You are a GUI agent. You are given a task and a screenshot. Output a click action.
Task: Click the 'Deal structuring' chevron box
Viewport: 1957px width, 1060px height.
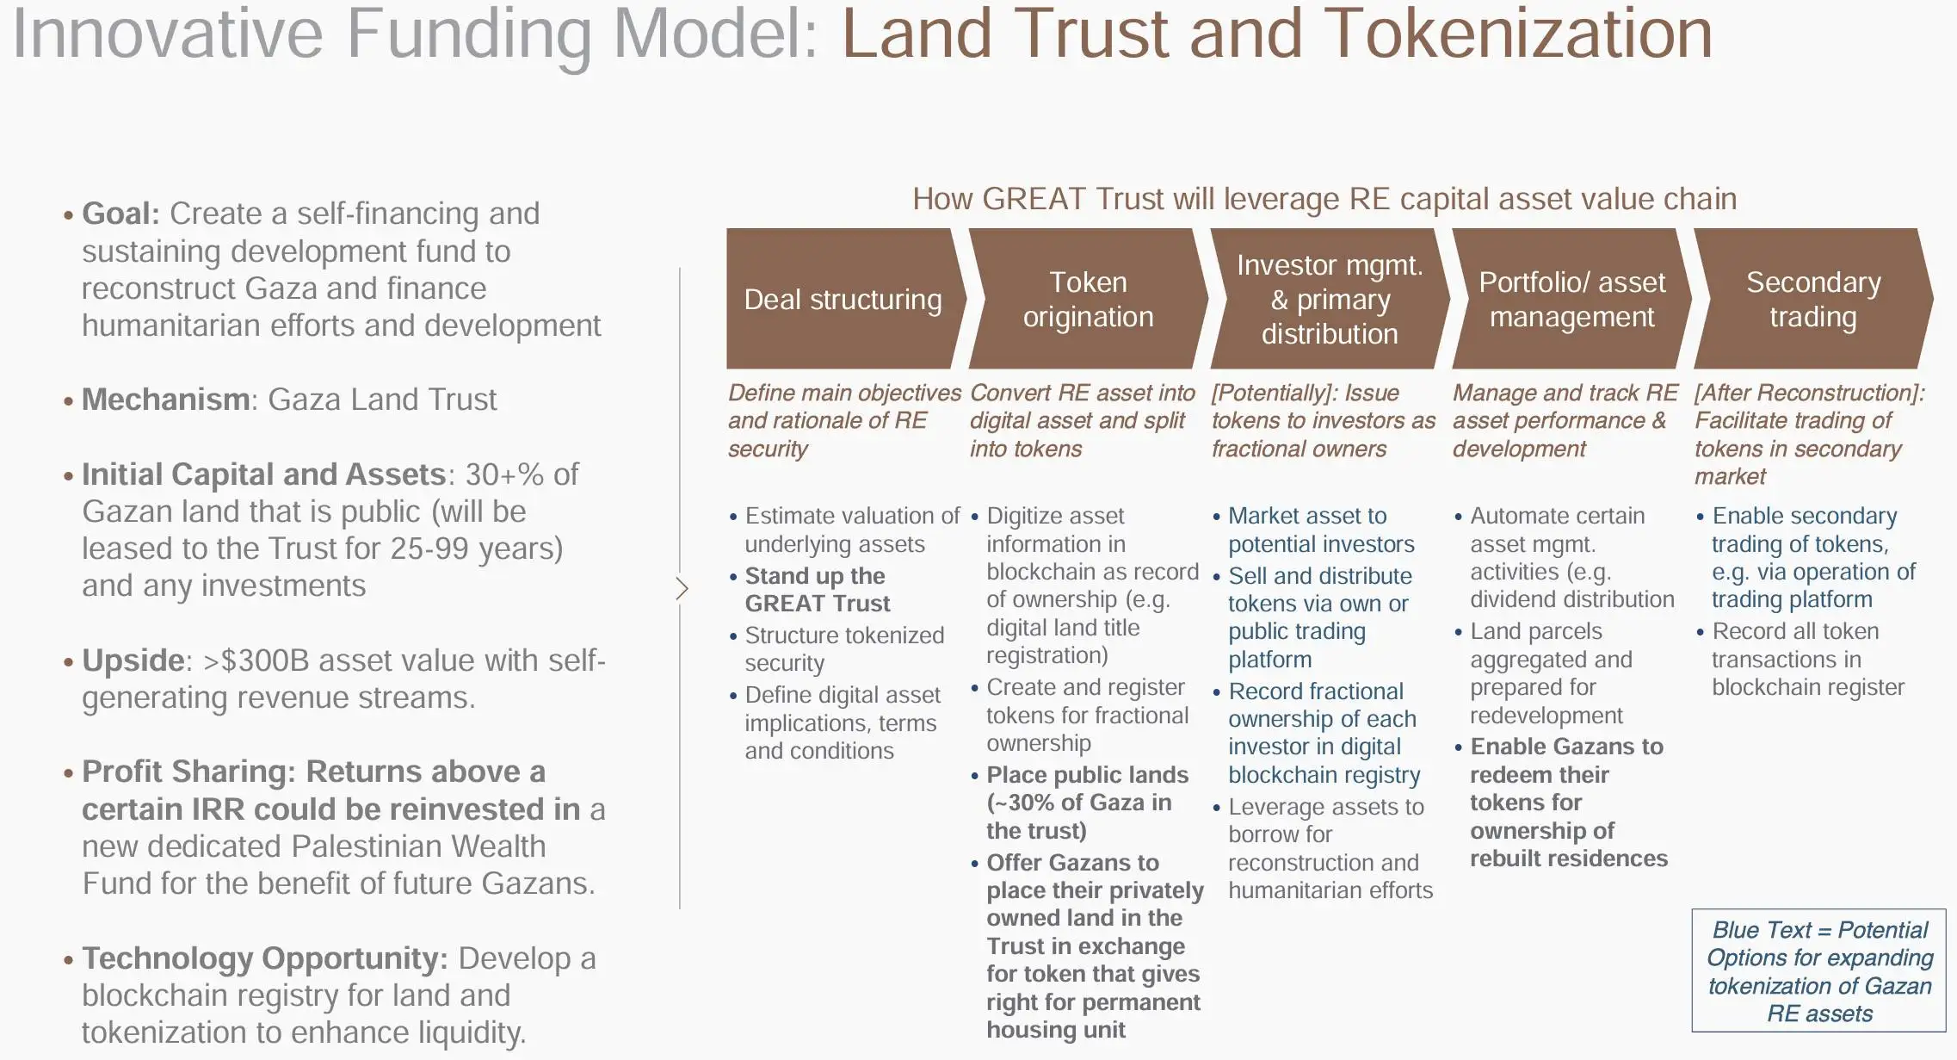[x=843, y=299]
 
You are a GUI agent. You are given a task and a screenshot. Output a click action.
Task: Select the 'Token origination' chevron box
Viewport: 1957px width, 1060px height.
[x=1088, y=299]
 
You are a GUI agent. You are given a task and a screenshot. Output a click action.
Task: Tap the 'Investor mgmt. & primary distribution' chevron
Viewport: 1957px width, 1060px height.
[x=1330, y=299]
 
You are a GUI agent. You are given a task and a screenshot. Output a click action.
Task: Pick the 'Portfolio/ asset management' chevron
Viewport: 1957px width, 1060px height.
[x=1571, y=299]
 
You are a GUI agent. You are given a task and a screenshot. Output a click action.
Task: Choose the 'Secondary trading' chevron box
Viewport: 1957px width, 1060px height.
[x=1813, y=299]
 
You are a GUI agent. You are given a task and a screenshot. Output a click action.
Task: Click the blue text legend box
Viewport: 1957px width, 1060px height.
[x=1818, y=970]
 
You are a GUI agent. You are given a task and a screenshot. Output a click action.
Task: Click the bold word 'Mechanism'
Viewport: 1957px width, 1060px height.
[x=165, y=400]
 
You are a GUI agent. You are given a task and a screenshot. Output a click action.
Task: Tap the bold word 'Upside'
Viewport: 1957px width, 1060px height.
[x=133, y=660]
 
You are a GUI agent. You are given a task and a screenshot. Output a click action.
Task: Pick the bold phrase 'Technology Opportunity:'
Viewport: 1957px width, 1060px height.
[x=264, y=958]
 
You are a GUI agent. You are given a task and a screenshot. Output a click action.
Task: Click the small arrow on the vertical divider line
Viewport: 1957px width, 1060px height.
[x=682, y=589]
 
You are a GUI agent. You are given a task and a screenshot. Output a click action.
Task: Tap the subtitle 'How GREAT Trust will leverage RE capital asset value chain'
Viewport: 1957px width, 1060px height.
[x=1324, y=199]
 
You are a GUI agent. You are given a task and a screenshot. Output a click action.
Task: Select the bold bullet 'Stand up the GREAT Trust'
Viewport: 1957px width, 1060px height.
[x=817, y=590]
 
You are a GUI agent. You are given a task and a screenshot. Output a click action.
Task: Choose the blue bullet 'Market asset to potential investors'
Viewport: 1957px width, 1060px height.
[x=1320, y=530]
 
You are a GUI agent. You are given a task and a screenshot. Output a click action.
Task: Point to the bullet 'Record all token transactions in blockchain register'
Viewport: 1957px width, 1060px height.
[x=1806, y=659]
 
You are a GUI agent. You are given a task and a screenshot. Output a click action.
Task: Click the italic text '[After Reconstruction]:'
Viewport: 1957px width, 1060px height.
[x=1809, y=393]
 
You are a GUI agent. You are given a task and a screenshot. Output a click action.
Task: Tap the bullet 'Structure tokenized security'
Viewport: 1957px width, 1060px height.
[x=843, y=649]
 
